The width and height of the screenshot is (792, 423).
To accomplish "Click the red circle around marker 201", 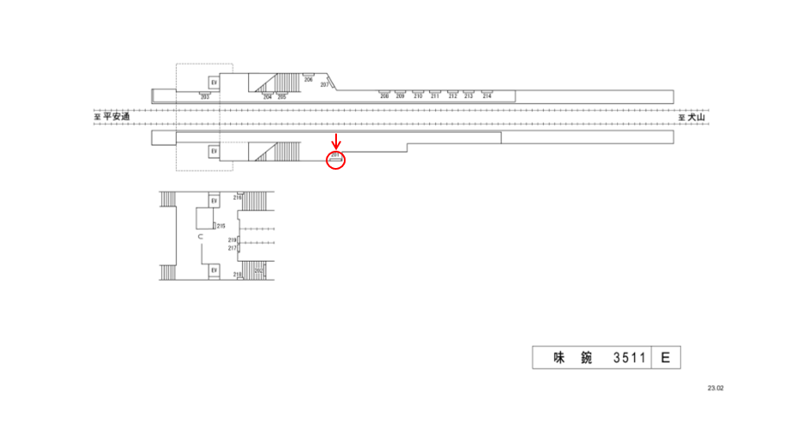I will click(335, 159).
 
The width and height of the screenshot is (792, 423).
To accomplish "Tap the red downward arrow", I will click(336, 140).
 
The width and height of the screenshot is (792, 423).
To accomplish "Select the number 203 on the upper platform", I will click(204, 97).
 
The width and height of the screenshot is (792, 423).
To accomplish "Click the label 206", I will click(308, 79).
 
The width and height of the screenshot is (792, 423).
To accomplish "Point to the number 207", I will click(325, 84).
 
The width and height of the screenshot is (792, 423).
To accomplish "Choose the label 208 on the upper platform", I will click(384, 96).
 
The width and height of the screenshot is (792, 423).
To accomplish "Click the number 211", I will click(434, 96).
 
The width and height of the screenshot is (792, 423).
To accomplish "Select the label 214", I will click(487, 96).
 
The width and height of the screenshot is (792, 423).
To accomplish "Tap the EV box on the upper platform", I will click(214, 83).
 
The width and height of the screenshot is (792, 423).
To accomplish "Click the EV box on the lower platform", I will click(214, 152).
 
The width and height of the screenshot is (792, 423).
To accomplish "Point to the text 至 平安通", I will click(111, 117).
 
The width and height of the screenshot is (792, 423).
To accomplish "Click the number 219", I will click(232, 240).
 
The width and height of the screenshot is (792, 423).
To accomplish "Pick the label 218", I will click(236, 274).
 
